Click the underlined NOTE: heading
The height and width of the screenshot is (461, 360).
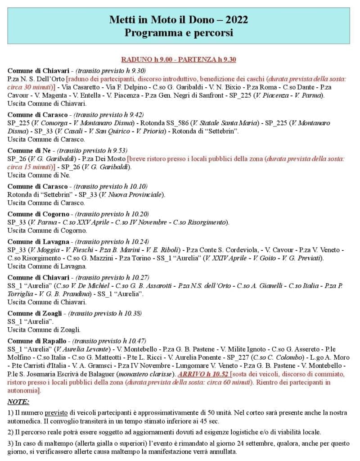[18, 401]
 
